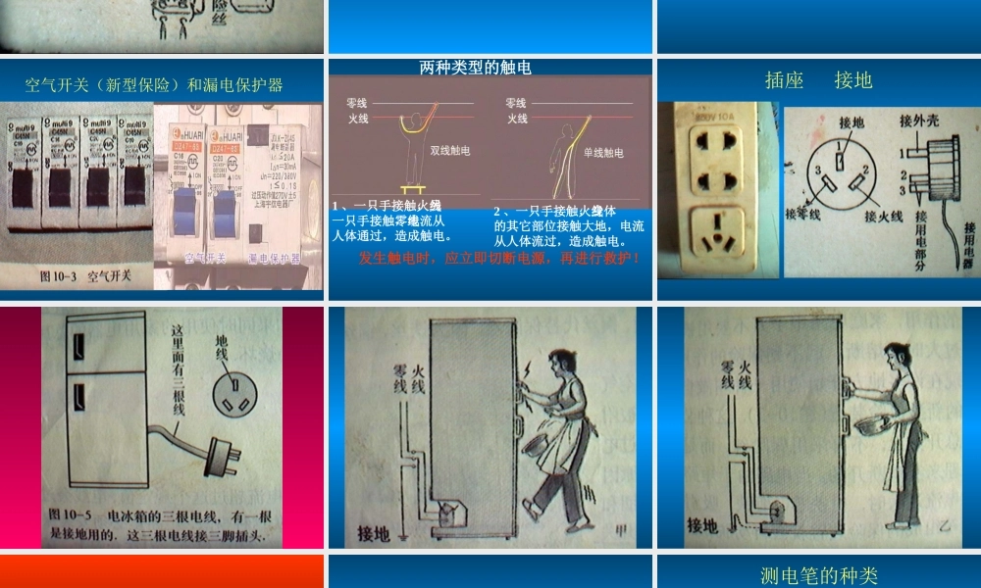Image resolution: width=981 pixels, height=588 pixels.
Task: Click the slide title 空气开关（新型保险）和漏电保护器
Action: point(154,84)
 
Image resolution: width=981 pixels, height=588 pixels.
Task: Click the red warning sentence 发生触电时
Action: point(500,259)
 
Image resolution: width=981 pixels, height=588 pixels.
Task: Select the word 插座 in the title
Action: point(784,80)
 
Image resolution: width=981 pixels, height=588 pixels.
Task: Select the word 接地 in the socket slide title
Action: point(853,80)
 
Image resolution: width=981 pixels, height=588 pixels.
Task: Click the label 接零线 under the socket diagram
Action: point(801,214)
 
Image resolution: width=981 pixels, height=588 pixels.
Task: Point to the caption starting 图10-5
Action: point(157,524)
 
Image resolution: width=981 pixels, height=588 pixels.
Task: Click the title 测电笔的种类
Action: point(818,575)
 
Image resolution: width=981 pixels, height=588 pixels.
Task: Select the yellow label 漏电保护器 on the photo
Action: point(274,258)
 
